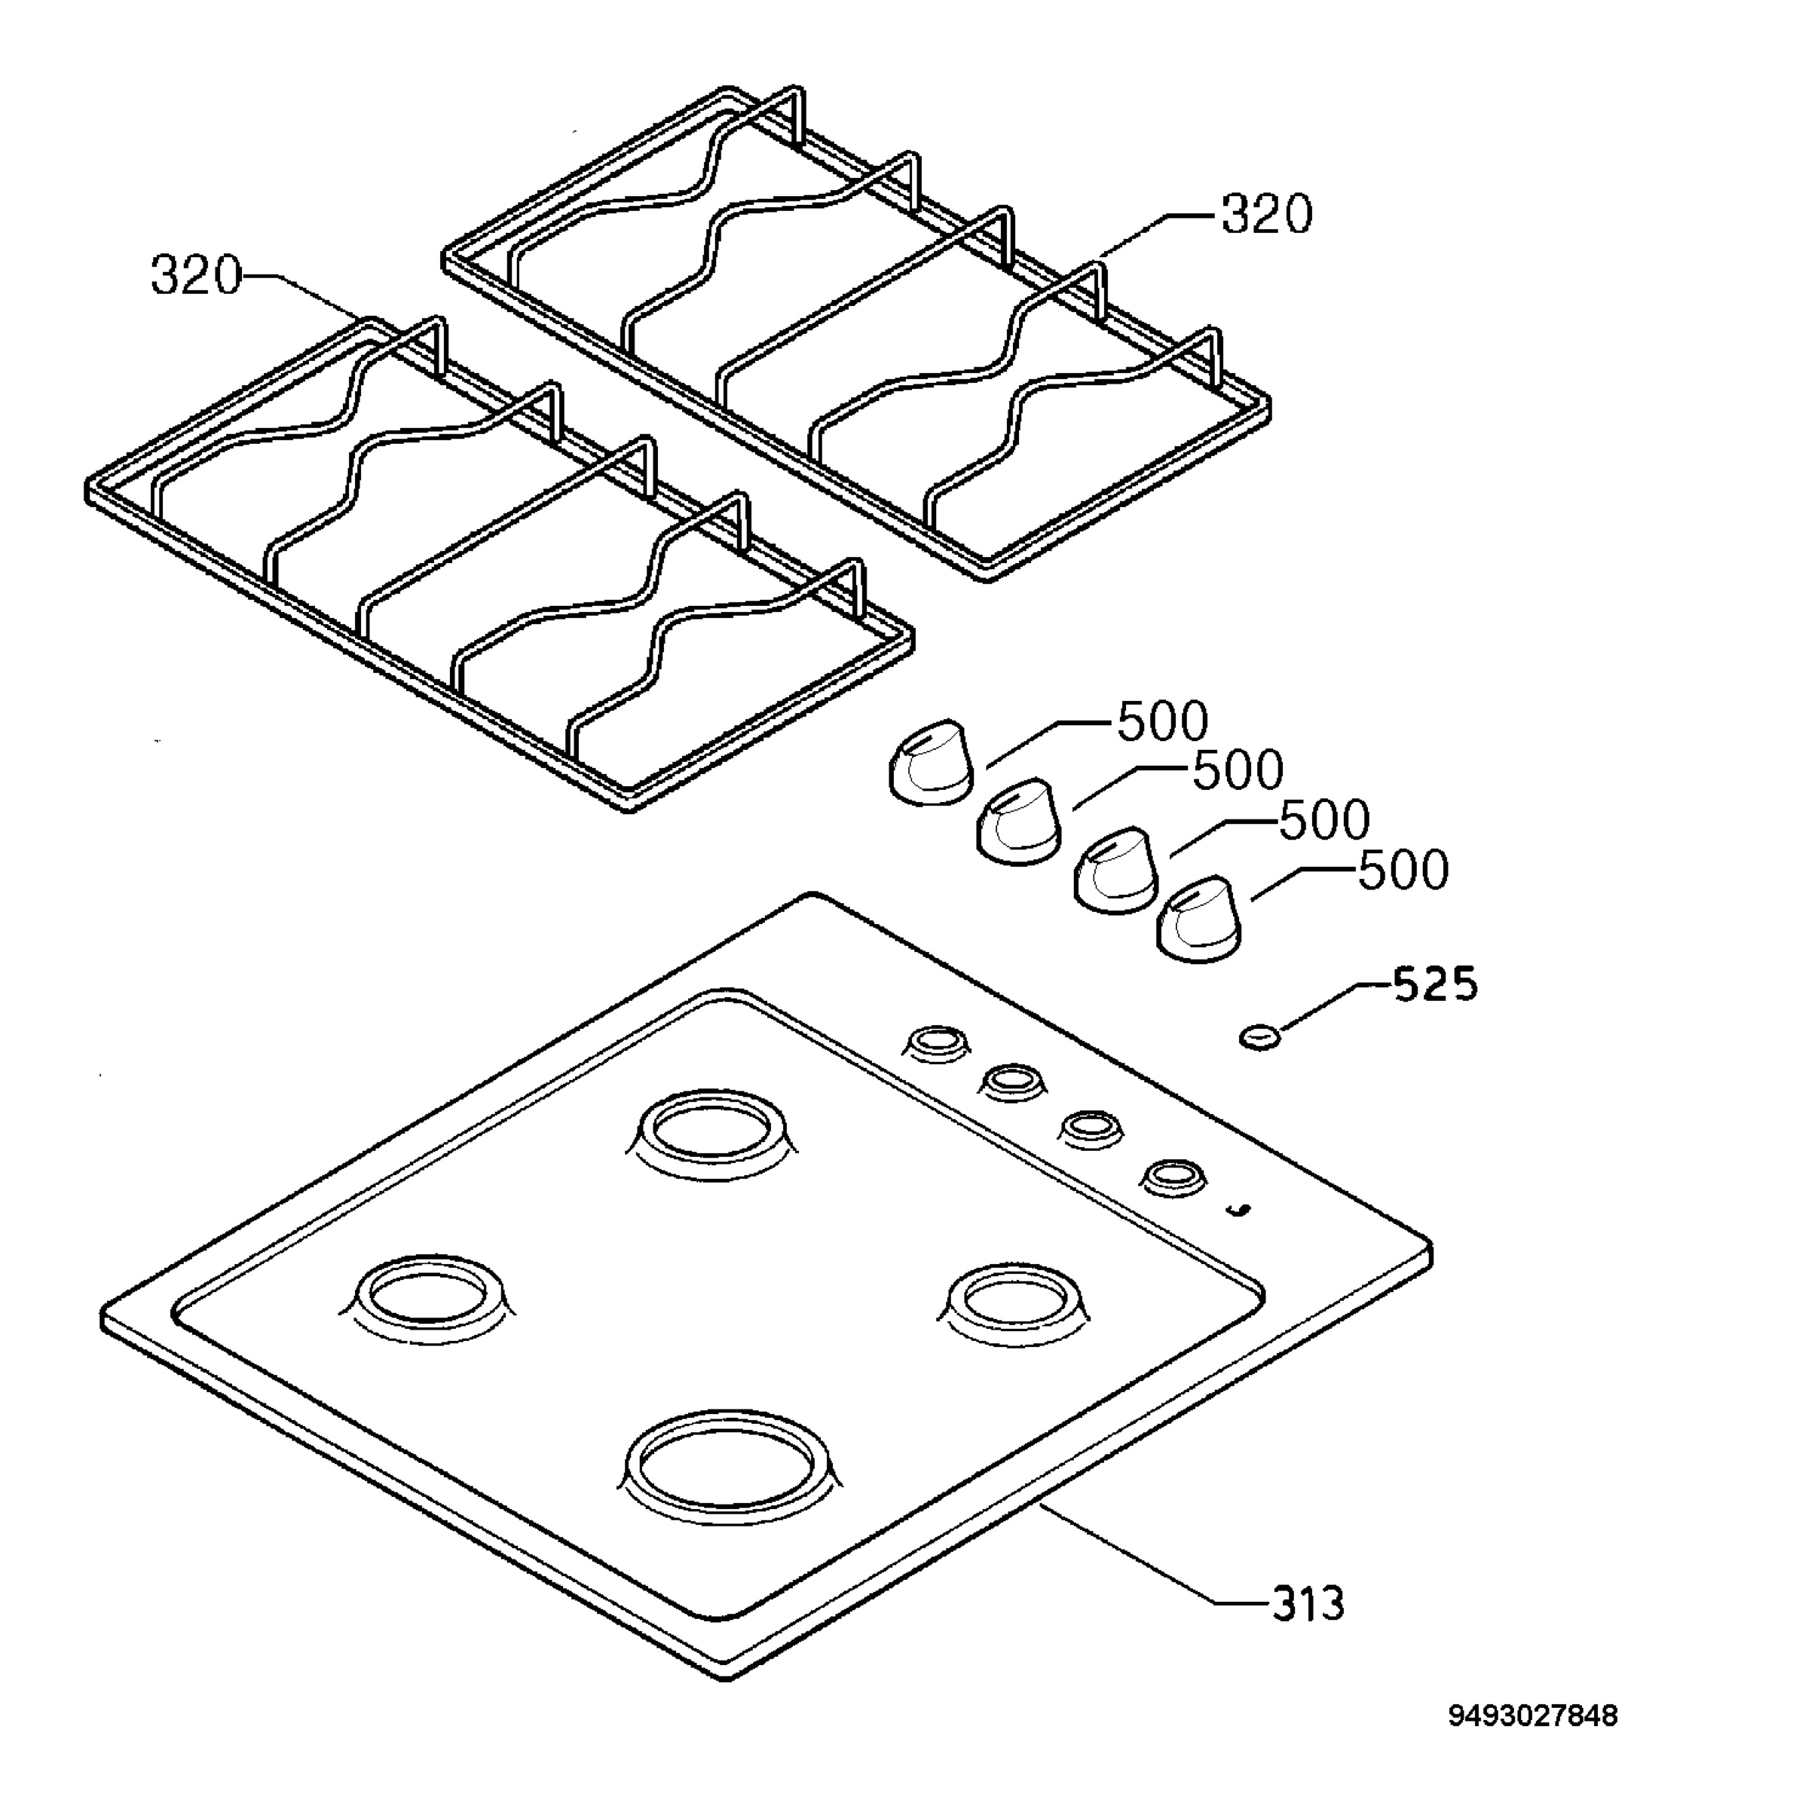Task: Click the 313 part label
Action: [x=1308, y=1604]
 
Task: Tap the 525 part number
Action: [x=1435, y=984]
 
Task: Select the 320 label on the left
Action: [x=196, y=276]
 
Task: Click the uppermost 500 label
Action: [x=1163, y=722]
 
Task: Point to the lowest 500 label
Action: [x=1403, y=871]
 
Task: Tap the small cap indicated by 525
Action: [x=1259, y=1036]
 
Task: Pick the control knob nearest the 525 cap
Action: [x=1199, y=920]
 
